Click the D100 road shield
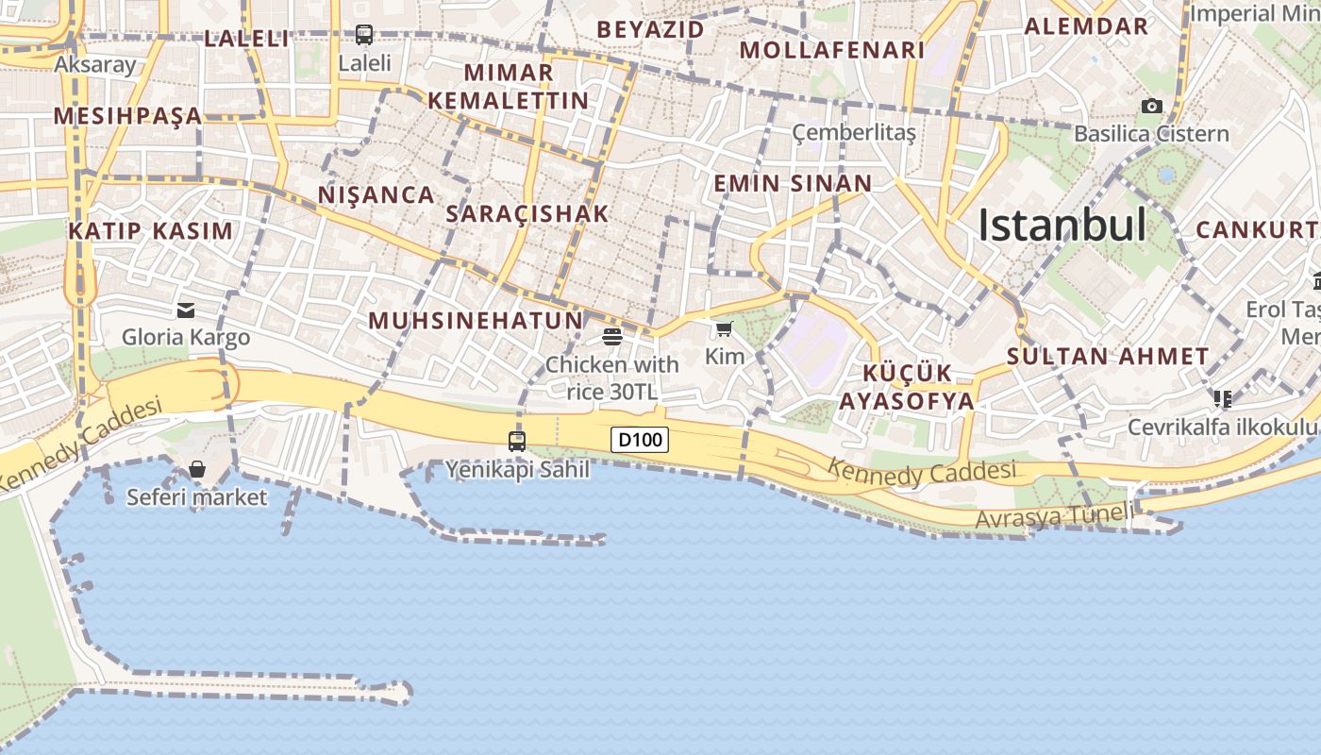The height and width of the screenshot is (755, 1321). (x=640, y=439)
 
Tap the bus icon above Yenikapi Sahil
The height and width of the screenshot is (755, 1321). (x=516, y=441)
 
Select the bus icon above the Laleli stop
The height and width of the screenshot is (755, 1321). (x=364, y=35)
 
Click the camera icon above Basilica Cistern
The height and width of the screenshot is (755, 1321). (x=1151, y=106)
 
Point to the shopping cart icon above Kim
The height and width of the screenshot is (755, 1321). (x=724, y=328)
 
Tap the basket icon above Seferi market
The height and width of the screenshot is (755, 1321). (x=197, y=469)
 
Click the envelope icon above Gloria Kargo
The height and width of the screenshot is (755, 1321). (x=186, y=310)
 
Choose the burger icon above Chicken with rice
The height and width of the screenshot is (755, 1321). (x=611, y=336)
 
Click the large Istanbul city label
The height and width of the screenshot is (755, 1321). (x=1062, y=226)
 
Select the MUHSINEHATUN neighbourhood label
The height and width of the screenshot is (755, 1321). (x=476, y=320)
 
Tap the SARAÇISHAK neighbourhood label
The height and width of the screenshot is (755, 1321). (x=527, y=214)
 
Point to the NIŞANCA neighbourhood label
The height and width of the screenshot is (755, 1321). (x=376, y=195)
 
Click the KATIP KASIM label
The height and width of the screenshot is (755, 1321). (x=150, y=231)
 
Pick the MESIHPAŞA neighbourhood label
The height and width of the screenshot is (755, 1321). (x=127, y=116)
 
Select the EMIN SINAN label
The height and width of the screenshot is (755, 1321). (x=793, y=183)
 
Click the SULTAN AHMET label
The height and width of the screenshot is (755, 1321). (x=1108, y=357)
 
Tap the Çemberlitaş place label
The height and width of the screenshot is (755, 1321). (x=854, y=132)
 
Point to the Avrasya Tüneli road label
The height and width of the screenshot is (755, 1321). (x=1053, y=516)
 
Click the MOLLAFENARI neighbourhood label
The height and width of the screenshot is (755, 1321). (x=831, y=50)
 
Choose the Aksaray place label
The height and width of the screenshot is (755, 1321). (x=95, y=65)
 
